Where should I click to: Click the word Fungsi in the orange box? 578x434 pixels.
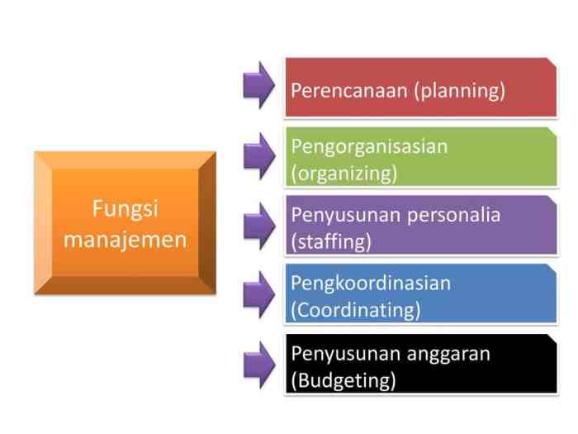pyautogui.click(x=125, y=208)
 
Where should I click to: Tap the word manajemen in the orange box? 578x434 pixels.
pyautogui.click(x=125, y=241)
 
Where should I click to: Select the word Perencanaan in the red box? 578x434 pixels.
pyautogui.click(x=349, y=90)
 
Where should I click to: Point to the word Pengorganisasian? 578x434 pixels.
pyautogui.click(x=369, y=146)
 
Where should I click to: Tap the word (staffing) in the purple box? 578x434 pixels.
pyautogui.click(x=331, y=242)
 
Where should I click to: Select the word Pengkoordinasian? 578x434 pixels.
pyautogui.click(x=371, y=284)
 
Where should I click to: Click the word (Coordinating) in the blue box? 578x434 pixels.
pyautogui.click(x=356, y=311)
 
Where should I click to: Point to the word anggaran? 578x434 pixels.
pyautogui.click(x=449, y=354)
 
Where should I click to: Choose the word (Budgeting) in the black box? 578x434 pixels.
pyautogui.click(x=343, y=381)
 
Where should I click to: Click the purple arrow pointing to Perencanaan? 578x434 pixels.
pyautogui.click(x=258, y=84)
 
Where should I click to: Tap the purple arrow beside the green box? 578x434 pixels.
pyautogui.click(x=258, y=155)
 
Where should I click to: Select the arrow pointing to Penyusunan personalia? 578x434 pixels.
pyautogui.click(x=258, y=224)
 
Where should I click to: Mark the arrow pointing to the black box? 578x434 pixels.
pyautogui.click(x=258, y=363)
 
